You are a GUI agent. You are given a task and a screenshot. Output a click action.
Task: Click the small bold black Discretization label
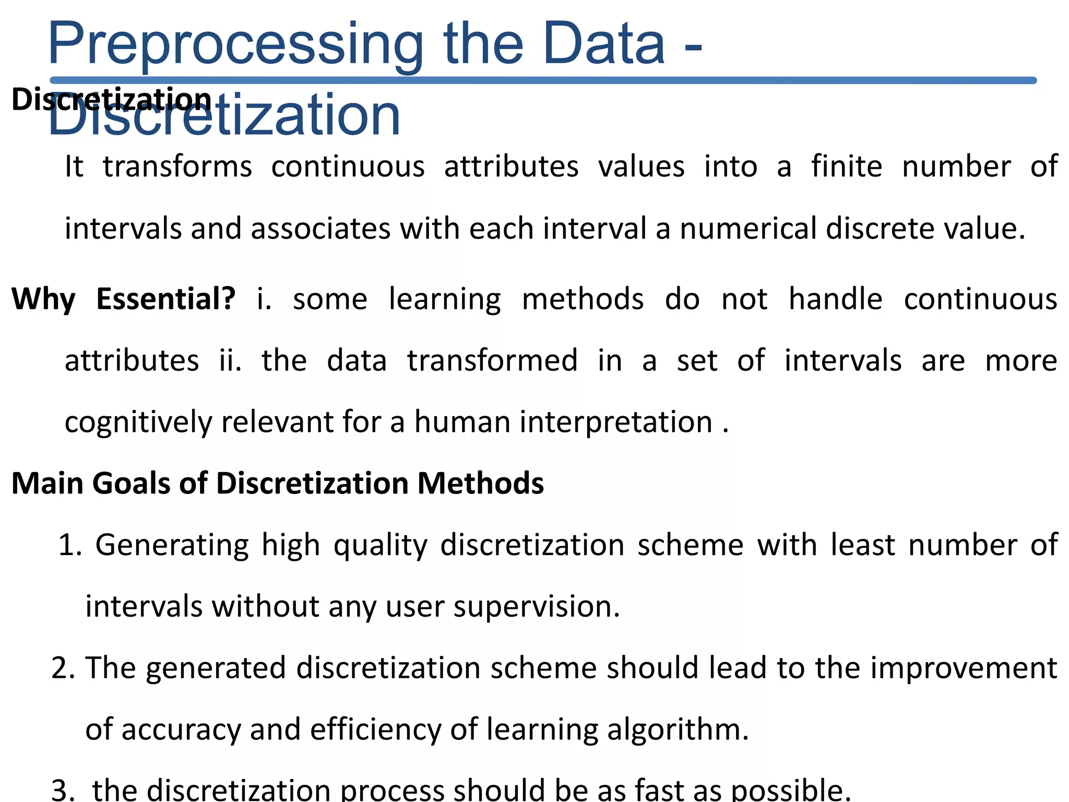click(x=111, y=99)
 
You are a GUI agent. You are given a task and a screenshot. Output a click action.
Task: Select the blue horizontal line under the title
click(x=543, y=80)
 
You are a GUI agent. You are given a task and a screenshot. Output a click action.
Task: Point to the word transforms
click(x=177, y=167)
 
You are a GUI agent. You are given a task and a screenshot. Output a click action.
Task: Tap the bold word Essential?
click(x=166, y=299)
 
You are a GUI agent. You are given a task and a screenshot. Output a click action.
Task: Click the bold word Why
click(x=44, y=299)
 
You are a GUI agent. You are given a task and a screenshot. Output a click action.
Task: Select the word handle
click(x=835, y=299)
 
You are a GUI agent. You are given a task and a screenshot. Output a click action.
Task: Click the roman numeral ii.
click(x=230, y=360)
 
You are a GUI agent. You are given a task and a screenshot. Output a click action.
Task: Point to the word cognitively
click(x=138, y=422)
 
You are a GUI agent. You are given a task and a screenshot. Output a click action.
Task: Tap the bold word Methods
click(x=480, y=483)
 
